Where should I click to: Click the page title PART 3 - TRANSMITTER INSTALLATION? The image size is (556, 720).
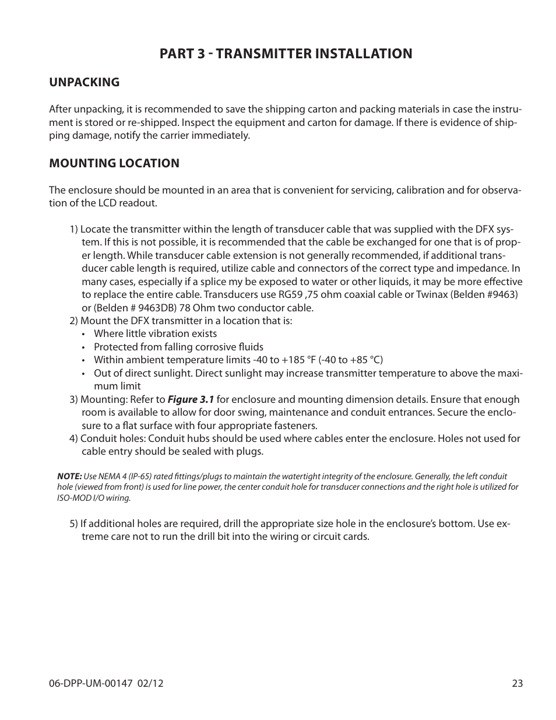[286, 54]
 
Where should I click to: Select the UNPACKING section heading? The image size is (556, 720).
[84, 82]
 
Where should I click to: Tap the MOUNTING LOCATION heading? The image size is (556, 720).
[114, 163]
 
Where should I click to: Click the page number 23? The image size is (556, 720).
[518, 683]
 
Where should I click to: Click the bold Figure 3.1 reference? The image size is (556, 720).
[191, 399]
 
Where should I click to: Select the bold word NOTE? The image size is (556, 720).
[69, 476]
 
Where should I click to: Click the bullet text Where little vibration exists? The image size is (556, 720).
[155, 333]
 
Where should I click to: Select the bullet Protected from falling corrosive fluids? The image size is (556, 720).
[178, 347]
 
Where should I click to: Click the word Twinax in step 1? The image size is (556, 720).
[432, 294]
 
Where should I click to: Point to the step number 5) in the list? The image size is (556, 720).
[73, 524]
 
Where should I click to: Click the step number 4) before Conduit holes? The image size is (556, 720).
[73, 438]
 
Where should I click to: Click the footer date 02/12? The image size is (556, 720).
[152, 683]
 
